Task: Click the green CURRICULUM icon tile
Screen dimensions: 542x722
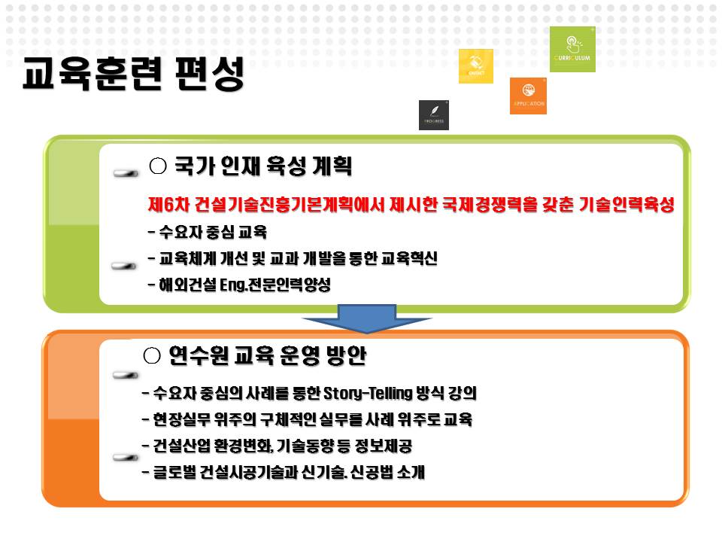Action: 572,49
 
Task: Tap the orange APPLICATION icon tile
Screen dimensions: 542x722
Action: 528,96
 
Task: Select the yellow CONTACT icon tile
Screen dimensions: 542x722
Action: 475,66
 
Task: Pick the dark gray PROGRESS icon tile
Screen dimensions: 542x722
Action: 433,114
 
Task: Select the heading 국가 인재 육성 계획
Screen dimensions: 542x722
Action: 262,166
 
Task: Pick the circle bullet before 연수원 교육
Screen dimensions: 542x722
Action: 151,355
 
